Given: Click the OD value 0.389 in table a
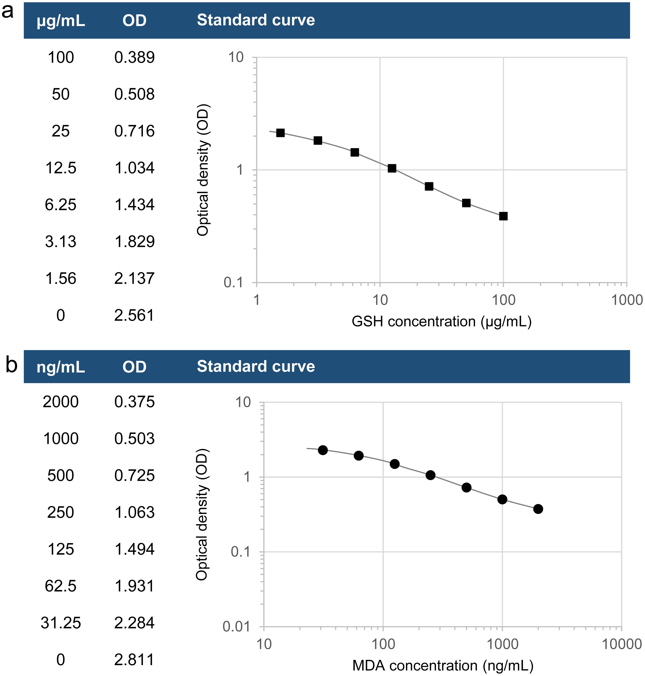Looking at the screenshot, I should tap(134, 57).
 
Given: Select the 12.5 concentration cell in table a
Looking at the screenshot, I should tap(61, 168).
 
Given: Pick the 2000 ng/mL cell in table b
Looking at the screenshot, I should tap(61, 402).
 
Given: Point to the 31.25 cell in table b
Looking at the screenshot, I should tap(61, 623).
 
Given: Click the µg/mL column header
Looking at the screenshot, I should tap(61, 21).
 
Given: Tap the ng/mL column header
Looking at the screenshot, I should tap(61, 367).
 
